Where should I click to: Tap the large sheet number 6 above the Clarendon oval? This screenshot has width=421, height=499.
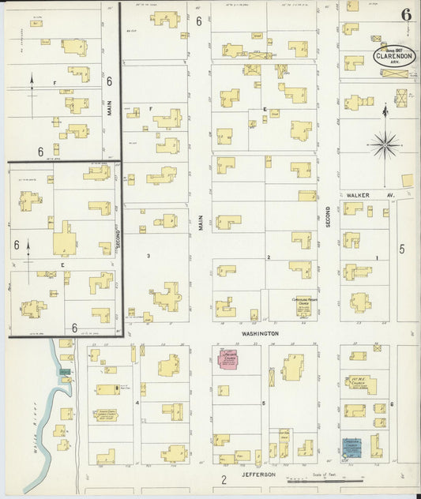pyautogui.click(x=405, y=15)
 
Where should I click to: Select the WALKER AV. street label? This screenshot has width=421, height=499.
pyautogui.click(x=363, y=193)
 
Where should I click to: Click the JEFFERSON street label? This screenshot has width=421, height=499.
pyautogui.click(x=258, y=475)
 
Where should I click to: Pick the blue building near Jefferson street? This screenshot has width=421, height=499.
pyautogui.click(x=351, y=448)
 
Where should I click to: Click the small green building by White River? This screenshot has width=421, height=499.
pyautogui.click(x=64, y=371)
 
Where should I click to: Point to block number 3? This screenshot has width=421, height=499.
pyautogui.click(x=148, y=256)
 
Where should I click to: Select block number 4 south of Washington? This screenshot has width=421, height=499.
pyautogui.click(x=137, y=403)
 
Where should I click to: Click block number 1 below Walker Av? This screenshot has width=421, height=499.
pyautogui.click(x=377, y=258)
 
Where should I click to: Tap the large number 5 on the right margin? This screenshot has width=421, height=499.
pyautogui.click(x=401, y=249)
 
